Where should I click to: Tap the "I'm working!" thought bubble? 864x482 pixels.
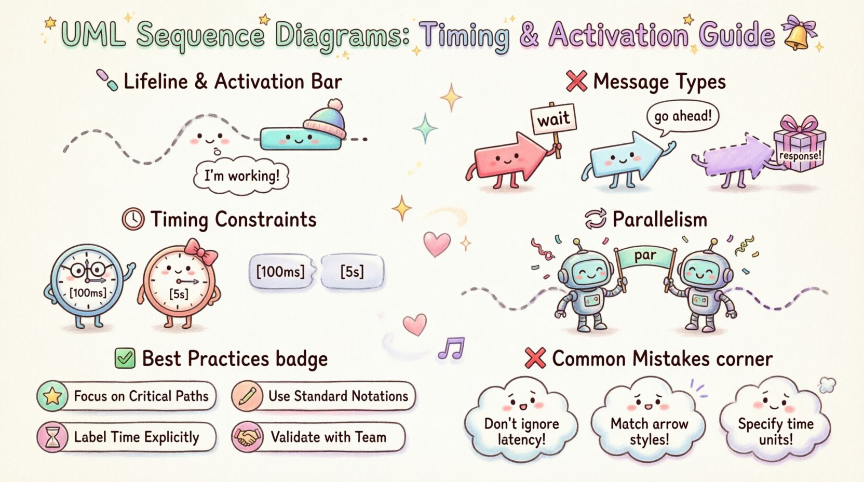[x=241, y=176]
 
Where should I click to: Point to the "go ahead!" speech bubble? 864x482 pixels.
[x=682, y=116]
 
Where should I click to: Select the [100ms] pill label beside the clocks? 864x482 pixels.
[x=281, y=271]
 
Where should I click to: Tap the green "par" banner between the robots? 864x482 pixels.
[x=645, y=256]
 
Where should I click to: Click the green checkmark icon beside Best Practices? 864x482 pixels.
[x=125, y=358]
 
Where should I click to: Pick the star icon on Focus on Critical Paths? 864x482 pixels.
[x=52, y=396]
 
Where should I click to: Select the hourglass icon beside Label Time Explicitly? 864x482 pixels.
[x=52, y=437]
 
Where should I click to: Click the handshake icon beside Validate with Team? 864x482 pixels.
[x=247, y=437]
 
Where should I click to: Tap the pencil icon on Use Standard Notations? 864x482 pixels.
[x=247, y=396]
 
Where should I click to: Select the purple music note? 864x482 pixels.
[x=451, y=349]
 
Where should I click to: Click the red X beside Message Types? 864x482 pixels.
[x=576, y=82]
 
